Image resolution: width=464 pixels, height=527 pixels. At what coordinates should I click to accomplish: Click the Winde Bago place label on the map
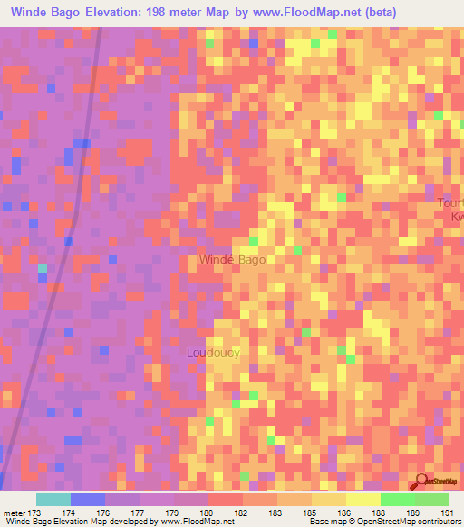click(232, 260)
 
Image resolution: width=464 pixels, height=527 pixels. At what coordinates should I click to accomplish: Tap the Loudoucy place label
click(213, 352)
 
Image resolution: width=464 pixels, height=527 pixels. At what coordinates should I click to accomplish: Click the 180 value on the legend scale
click(208, 512)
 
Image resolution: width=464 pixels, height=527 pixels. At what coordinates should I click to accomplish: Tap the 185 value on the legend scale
click(310, 512)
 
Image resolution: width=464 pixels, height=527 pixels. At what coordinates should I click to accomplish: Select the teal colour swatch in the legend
click(53, 499)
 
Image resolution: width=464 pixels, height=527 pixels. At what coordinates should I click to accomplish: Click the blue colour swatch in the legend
click(88, 499)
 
